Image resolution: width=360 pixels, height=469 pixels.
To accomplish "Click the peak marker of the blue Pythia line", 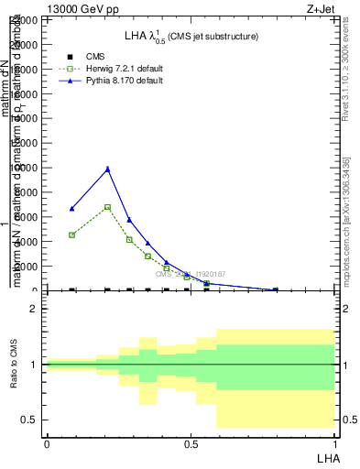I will (107, 169).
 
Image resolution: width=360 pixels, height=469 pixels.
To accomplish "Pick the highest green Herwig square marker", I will (107, 207).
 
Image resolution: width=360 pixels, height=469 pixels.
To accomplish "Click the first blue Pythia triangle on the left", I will (71, 209).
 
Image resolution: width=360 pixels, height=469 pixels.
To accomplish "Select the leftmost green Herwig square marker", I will (71, 235).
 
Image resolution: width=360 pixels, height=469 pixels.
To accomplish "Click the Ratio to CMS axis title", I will (14, 365).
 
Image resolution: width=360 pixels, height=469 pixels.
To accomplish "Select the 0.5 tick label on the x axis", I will (191, 443).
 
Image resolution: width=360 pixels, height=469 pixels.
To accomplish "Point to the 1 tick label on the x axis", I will (334, 443).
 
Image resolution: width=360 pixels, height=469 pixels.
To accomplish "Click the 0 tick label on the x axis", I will (47, 443).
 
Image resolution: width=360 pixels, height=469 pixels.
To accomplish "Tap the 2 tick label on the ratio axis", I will (35, 310).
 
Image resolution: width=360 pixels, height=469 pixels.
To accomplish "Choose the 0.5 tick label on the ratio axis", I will (30, 420).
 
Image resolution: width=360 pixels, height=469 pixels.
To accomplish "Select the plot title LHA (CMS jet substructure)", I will (191, 37).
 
